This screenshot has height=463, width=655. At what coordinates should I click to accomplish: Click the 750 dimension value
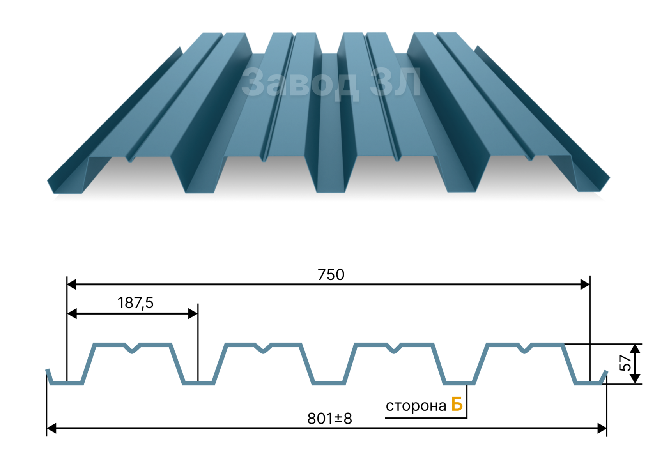(331, 275)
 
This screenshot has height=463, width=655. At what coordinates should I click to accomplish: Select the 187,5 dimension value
(135, 303)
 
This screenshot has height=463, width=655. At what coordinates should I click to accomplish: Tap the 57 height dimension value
(625, 363)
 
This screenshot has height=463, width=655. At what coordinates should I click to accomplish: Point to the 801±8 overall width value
(329, 419)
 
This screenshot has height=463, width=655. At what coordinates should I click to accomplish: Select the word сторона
(416, 406)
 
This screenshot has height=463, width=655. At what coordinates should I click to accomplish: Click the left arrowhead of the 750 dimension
(72, 284)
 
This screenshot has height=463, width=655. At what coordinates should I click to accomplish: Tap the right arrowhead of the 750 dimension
(585, 285)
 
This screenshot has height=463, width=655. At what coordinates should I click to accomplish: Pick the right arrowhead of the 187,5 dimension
(193, 314)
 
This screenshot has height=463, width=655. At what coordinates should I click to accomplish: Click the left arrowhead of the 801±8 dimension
(51, 429)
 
